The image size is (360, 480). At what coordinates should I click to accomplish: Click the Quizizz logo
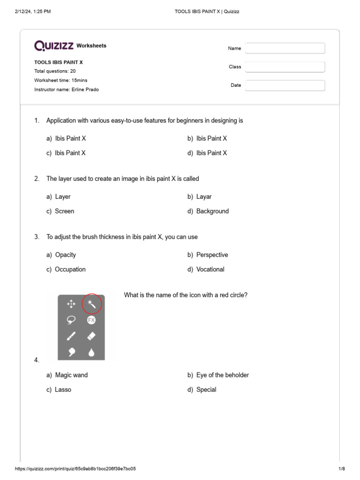pos(54,45)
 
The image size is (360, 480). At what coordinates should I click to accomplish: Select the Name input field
pos(285,48)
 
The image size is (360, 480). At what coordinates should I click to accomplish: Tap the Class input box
pos(285,67)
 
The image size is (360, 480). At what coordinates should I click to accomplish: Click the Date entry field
pos(285,85)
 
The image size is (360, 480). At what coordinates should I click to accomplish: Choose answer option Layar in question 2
pos(204,197)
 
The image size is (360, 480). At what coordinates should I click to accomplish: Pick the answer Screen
pos(65,211)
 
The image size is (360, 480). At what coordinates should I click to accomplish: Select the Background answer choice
pos(212,211)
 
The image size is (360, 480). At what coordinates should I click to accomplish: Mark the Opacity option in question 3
pos(66,255)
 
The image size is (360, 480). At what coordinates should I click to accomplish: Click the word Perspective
pos(212,255)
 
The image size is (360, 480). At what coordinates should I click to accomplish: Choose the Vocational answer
pos(210,270)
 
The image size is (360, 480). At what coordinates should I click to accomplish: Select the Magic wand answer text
pos(71,375)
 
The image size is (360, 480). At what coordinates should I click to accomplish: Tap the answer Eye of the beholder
pos(222,375)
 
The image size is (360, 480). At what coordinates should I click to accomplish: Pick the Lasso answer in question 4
pos(63,390)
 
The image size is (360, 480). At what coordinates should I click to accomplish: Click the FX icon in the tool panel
pos(91,320)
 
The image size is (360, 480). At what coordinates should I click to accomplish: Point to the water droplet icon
pos(91,352)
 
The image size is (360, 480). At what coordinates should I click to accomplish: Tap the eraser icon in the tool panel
pos(91,336)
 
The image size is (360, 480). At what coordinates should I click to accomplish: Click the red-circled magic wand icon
pos(91,304)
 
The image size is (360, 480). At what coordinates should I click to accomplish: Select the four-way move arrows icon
pos(71,304)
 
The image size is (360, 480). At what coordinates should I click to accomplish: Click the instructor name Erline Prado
pos(85,90)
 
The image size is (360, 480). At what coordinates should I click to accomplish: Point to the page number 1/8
pos(342,469)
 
